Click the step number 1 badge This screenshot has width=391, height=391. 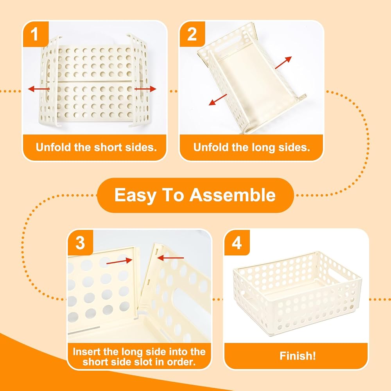point(36,34)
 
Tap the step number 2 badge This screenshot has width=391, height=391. point(192,34)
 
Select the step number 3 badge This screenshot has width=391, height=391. point(80,243)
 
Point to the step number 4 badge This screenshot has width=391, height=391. point(237,243)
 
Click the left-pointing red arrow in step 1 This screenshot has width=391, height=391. point(39,88)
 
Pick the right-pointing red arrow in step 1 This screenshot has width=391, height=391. point(145,89)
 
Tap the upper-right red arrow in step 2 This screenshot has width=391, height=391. point(283,62)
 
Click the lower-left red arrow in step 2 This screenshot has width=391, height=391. point(218,99)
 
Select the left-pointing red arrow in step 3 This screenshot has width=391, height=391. point(170,258)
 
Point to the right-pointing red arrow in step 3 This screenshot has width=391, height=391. point(119,261)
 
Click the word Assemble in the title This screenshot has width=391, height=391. point(232,195)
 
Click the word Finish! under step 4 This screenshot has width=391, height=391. point(298,356)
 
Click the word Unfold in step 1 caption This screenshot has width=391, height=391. point(54,147)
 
